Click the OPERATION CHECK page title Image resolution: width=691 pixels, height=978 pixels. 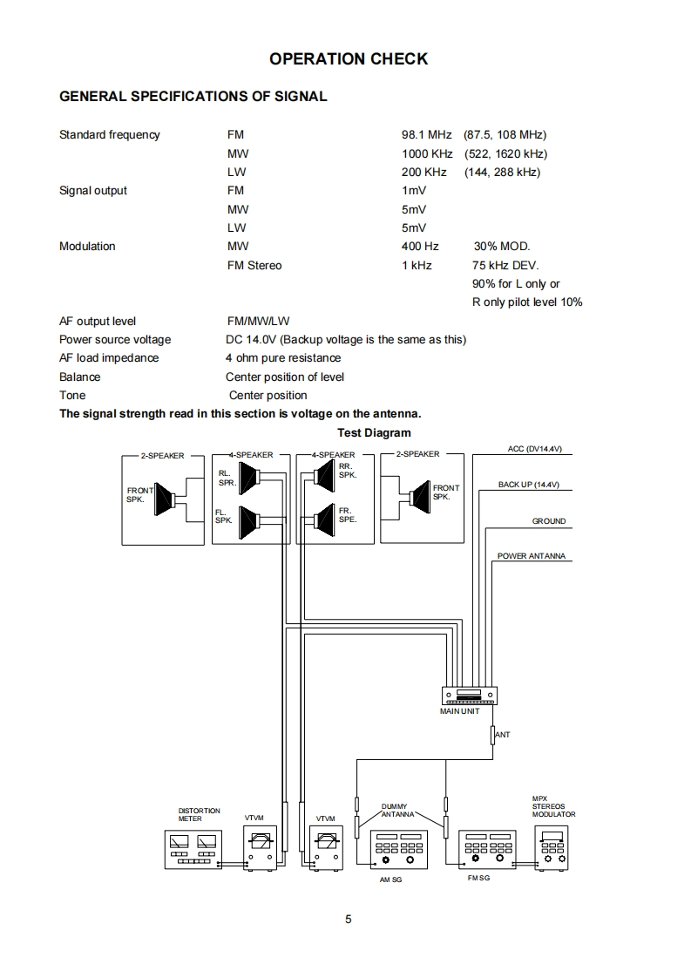point(349,59)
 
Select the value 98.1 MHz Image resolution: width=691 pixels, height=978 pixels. point(426,134)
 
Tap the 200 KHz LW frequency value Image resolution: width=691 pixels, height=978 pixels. point(424,172)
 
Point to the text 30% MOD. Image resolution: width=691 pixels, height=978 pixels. point(501,247)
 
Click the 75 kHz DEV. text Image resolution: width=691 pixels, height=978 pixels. point(505,265)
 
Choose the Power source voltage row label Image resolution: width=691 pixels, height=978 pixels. point(115,339)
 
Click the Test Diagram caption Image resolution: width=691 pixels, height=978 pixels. point(374,432)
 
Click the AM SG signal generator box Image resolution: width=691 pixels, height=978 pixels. point(400,849)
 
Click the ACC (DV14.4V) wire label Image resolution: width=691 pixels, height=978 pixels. point(535,449)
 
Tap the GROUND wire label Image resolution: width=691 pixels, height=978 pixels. point(549,521)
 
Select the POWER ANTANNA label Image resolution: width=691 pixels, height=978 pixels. point(531,556)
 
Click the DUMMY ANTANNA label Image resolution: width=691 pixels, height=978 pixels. point(400,811)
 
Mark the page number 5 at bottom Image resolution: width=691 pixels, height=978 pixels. point(349,919)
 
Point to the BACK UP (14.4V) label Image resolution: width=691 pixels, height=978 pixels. point(529,484)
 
